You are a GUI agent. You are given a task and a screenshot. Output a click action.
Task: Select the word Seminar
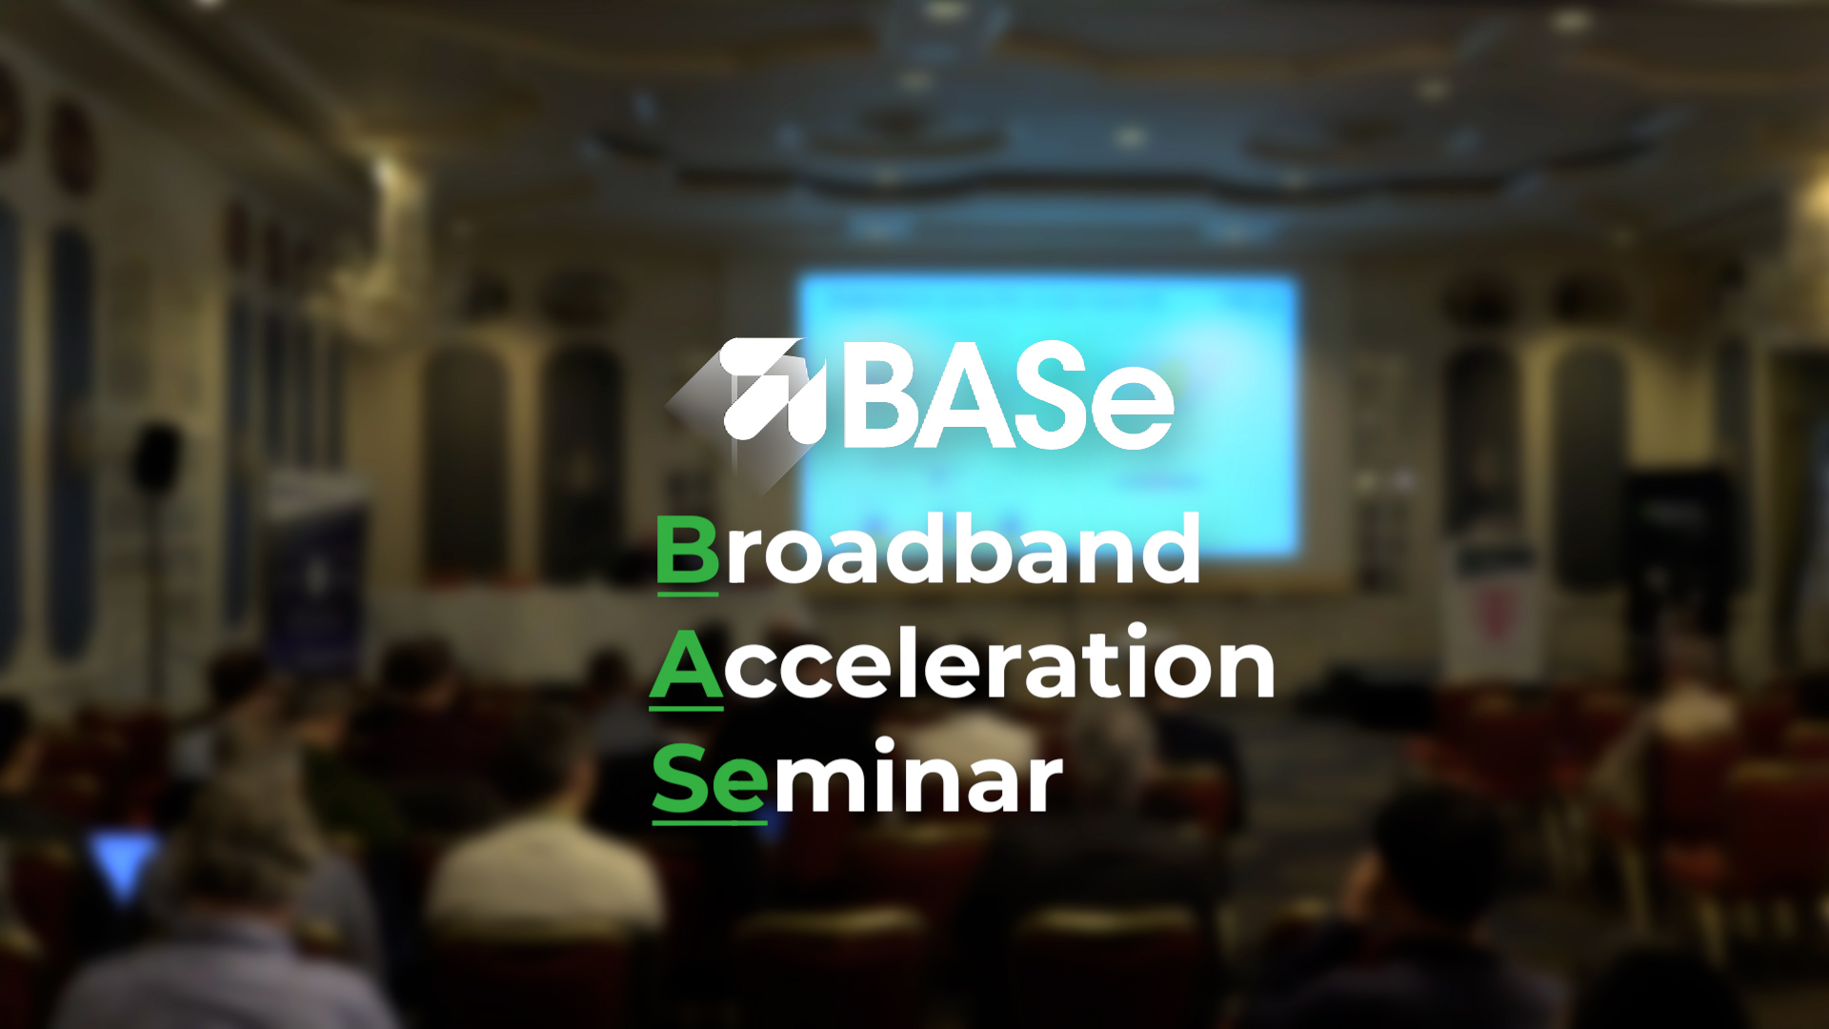857,777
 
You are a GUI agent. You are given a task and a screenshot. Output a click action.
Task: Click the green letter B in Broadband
687,549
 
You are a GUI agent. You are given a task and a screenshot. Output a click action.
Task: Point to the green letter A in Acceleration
687,664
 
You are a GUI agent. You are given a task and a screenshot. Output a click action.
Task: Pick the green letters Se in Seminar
710,779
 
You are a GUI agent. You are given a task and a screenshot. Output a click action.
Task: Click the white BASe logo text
1008,394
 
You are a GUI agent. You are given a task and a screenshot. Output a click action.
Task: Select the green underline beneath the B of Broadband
687,594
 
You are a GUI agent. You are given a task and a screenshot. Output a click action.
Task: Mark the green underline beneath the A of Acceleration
687,708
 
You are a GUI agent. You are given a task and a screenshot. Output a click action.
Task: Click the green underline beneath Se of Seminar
710,821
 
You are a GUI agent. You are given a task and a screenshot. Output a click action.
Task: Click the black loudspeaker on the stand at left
156,458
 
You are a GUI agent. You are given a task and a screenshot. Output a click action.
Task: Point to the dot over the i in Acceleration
1136,632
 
